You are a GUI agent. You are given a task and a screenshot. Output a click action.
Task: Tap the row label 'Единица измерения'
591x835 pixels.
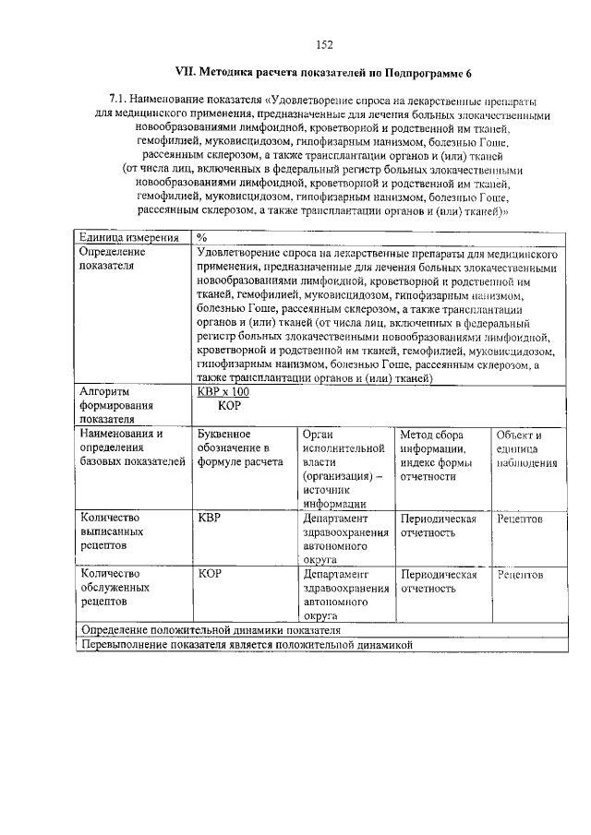click(122, 237)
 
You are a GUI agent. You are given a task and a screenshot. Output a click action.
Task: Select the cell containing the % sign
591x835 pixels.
click(201, 237)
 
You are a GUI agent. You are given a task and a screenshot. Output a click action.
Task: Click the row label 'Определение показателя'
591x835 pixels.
click(113, 258)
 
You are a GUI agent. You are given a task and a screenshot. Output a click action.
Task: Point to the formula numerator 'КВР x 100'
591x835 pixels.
click(223, 391)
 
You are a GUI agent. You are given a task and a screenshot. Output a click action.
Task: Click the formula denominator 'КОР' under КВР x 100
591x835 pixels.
click(230, 404)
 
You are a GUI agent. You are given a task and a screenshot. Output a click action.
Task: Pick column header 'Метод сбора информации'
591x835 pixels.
click(437, 455)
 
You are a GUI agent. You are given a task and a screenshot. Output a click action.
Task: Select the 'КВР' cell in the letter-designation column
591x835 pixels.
click(210, 519)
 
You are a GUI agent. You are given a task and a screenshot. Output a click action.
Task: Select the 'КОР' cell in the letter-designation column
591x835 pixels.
click(210, 575)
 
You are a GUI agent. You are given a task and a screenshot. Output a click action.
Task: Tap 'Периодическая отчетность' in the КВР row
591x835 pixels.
click(438, 526)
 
